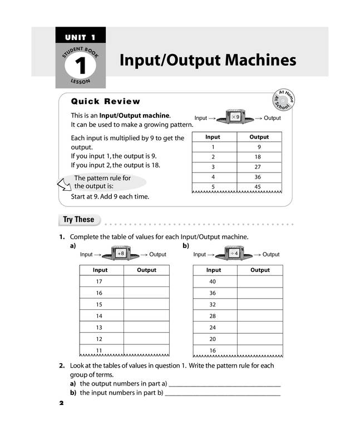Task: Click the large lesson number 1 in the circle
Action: [80, 66]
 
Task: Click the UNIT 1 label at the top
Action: [80, 37]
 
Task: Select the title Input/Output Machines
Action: [208, 60]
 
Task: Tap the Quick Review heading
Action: [106, 101]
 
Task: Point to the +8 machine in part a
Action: [121, 254]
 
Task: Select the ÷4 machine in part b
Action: [234, 254]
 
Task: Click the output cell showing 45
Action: [259, 186]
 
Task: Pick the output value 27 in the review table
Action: [259, 166]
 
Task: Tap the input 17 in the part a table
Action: [100, 281]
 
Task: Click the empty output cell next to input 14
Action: [146, 316]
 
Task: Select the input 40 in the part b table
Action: [213, 281]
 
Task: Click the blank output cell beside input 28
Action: [260, 316]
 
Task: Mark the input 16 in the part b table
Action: [213, 350]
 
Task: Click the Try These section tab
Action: [78, 220]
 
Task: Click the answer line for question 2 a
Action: [224, 385]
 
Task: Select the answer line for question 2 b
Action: [222, 394]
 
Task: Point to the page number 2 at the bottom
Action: [62, 403]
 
